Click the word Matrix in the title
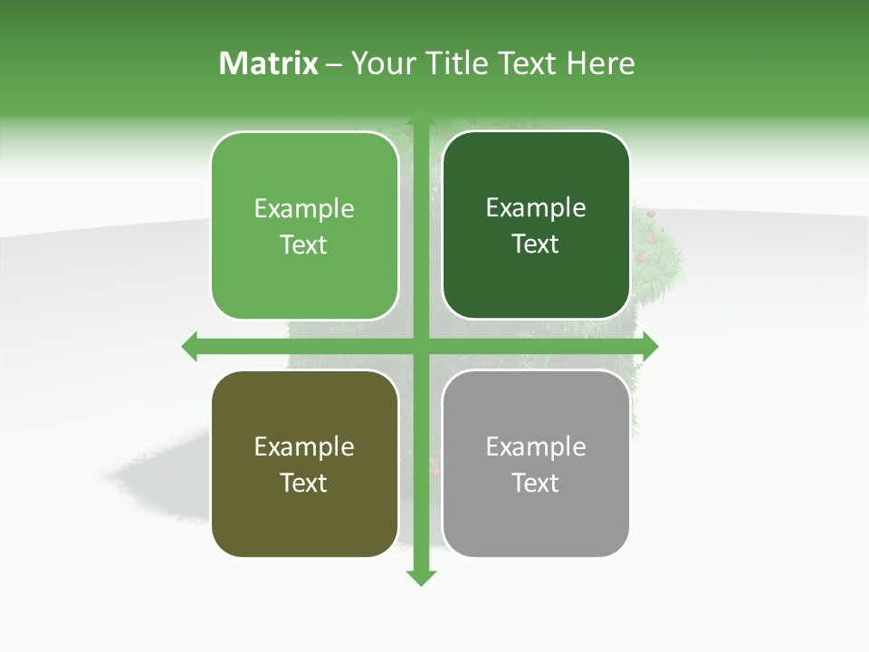(x=269, y=63)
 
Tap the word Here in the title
(x=600, y=63)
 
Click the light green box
(x=304, y=181)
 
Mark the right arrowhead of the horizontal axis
(x=650, y=346)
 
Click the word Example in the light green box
(x=304, y=209)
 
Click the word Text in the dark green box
(x=536, y=244)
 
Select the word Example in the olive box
(x=304, y=447)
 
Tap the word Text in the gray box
(x=536, y=483)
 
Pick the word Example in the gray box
(x=536, y=447)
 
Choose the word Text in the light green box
(x=304, y=245)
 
